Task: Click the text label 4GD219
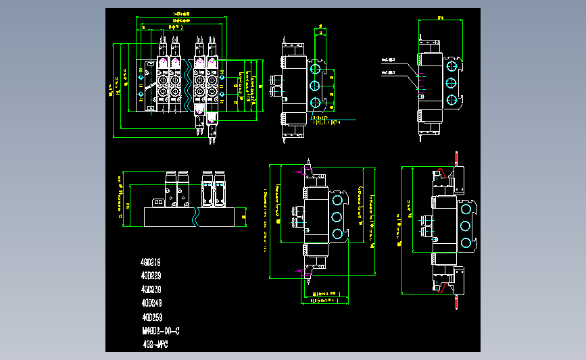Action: [x=150, y=261]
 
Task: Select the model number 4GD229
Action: [x=151, y=276]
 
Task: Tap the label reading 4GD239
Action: [x=151, y=289]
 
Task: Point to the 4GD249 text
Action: [x=151, y=303]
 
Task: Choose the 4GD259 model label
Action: [x=151, y=317]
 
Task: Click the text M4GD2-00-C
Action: [x=160, y=331]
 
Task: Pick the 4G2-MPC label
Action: [x=155, y=344]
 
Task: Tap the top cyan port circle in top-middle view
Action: [x=315, y=70]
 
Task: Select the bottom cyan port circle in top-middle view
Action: [x=315, y=103]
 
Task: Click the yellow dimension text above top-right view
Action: [x=440, y=18]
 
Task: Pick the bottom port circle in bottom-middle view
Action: [x=337, y=233]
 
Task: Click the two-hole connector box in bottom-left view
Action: [x=158, y=201]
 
